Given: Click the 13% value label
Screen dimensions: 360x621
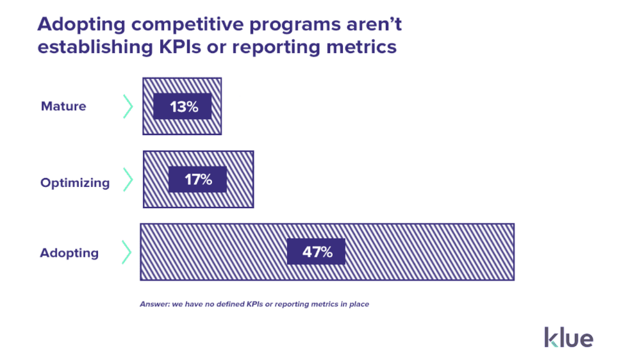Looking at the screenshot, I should [184, 107].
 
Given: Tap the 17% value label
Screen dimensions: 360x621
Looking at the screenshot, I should [198, 180].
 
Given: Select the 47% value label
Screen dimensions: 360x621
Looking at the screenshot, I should [317, 252].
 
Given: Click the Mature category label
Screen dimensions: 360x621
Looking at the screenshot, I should [63, 106].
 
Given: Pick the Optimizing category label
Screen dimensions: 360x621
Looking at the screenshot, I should [75, 183].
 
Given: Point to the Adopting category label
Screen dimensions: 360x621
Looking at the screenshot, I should [69, 253].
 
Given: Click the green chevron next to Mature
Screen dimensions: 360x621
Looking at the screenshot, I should [128, 106].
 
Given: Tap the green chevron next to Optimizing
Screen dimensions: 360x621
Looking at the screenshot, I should [128, 180].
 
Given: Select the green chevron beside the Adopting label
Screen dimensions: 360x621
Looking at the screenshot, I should [126, 252].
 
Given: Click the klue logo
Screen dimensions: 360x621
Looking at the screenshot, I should [568, 337].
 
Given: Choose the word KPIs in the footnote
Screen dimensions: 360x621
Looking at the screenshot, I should [257, 304].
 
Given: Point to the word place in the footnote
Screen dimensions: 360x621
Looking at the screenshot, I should [359, 304].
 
